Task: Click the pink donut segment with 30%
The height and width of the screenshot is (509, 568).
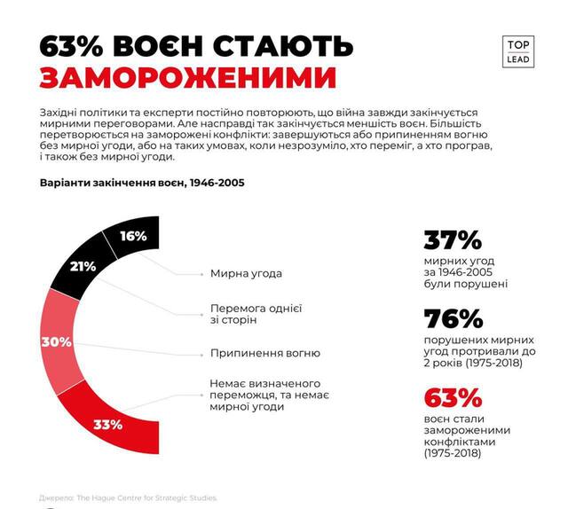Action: (57, 341)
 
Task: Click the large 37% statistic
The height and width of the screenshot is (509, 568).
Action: (452, 241)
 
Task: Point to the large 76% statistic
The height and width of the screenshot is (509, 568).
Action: (453, 319)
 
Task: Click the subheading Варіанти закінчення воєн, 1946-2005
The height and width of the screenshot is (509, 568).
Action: (142, 183)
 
